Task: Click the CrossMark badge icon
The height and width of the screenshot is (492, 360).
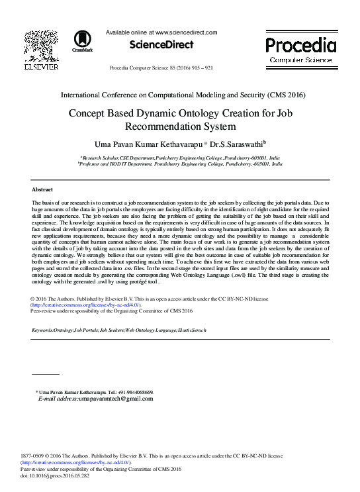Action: pyautogui.click(x=83, y=40)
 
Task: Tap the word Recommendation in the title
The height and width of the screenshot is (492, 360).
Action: pyautogui.click(x=159, y=126)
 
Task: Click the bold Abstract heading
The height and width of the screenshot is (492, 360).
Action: pyautogui.click(x=42, y=189)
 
